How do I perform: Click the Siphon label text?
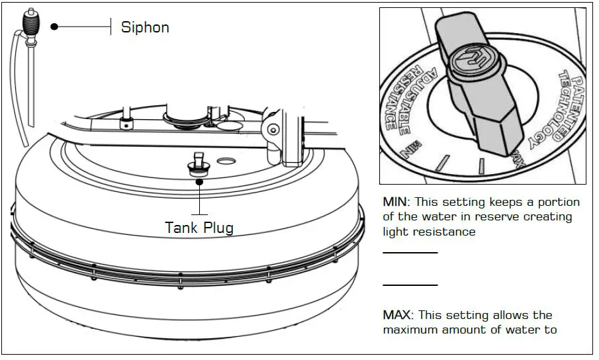point(144,27)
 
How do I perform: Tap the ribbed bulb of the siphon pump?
point(29,28)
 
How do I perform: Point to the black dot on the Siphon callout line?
point(54,27)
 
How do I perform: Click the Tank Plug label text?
point(199,228)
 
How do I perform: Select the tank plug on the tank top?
point(198,165)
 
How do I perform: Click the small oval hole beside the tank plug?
point(226,161)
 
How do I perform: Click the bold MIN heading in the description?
point(394,202)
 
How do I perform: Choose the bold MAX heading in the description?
point(396,315)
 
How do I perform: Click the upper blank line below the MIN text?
point(410,253)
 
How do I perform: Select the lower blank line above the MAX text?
point(410,285)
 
